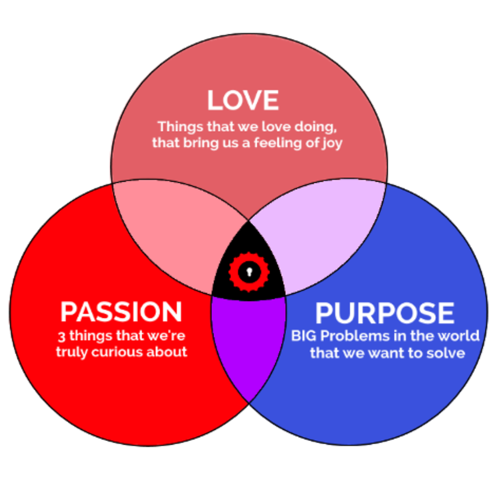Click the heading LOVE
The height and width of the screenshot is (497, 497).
pos(243,100)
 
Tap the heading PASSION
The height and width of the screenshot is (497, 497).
pos(121,312)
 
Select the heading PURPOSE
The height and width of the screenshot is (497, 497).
pos(384,313)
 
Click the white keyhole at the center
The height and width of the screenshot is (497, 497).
pos(248,272)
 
